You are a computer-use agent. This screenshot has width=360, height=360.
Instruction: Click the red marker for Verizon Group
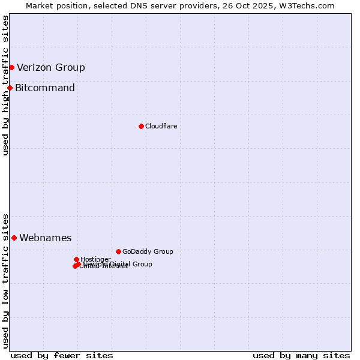(x=11, y=67)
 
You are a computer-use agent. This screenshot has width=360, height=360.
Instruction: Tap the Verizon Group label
(x=51, y=67)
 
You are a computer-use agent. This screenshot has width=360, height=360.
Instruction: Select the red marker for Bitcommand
(x=10, y=88)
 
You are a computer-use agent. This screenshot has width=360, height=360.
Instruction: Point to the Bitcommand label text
(x=45, y=88)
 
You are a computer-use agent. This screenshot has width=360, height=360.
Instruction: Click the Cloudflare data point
(x=141, y=126)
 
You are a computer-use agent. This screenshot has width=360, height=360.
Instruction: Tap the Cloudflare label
(x=161, y=126)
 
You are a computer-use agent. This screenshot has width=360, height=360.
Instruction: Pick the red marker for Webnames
(x=14, y=238)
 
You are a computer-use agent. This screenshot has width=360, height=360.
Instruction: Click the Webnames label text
(x=46, y=238)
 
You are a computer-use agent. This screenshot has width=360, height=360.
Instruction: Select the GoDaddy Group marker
(x=118, y=251)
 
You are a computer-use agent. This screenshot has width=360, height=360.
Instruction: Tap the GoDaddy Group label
(x=148, y=251)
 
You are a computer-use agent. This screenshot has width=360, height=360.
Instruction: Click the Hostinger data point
(x=76, y=259)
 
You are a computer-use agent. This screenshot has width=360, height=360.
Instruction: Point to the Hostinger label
(x=95, y=259)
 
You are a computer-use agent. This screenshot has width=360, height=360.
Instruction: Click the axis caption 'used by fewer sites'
(x=62, y=355)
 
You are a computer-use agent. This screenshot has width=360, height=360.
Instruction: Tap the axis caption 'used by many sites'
(x=301, y=355)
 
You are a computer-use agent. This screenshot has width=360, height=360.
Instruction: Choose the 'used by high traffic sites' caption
(x=5, y=85)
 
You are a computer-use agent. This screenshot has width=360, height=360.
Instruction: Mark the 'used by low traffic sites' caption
(x=5, y=280)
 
